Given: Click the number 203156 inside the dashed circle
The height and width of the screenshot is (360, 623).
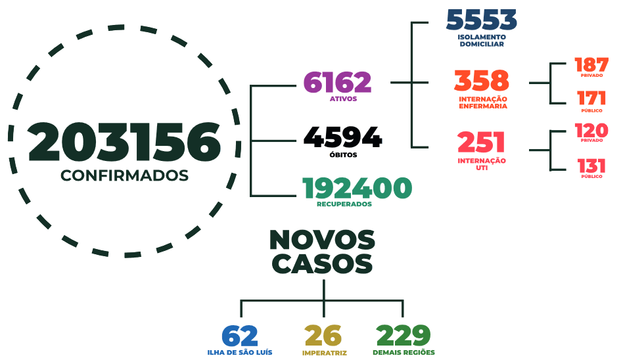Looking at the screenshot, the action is (x=124, y=143).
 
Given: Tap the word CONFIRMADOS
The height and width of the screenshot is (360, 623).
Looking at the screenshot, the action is (x=124, y=175).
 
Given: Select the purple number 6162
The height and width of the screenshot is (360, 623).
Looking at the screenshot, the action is (x=337, y=82).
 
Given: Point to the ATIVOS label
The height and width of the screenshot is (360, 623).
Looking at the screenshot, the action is (x=343, y=99).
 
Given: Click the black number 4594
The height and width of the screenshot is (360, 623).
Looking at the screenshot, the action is (x=343, y=137).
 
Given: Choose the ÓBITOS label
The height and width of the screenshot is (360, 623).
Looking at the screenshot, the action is (x=343, y=154).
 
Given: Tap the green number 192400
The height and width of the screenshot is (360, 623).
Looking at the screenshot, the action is (x=358, y=188).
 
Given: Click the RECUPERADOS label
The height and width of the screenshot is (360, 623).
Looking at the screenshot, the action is (x=344, y=204).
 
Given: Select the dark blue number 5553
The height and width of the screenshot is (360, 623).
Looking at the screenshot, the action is (x=482, y=20).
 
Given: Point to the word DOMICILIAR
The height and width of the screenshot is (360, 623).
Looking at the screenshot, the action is (x=482, y=44).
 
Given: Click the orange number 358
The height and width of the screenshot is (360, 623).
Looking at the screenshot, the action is (x=482, y=81).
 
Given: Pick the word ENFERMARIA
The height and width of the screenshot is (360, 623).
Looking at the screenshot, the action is (x=483, y=106).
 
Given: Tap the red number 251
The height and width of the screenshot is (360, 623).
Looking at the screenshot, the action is (x=481, y=143).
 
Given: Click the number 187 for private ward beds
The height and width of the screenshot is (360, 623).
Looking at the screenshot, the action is (x=591, y=65).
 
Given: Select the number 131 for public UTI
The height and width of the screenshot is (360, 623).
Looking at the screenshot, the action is (x=591, y=166).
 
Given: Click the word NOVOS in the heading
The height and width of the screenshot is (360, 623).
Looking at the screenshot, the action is (x=322, y=240).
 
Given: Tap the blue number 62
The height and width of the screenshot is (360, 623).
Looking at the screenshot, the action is (x=240, y=336).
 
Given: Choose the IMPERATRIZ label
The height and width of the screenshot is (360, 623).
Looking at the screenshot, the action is (x=324, y=353).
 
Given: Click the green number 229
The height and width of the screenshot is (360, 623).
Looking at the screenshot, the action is (x=404, y=336).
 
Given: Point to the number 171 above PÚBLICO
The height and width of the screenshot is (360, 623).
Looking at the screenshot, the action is (x=591, y=98).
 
